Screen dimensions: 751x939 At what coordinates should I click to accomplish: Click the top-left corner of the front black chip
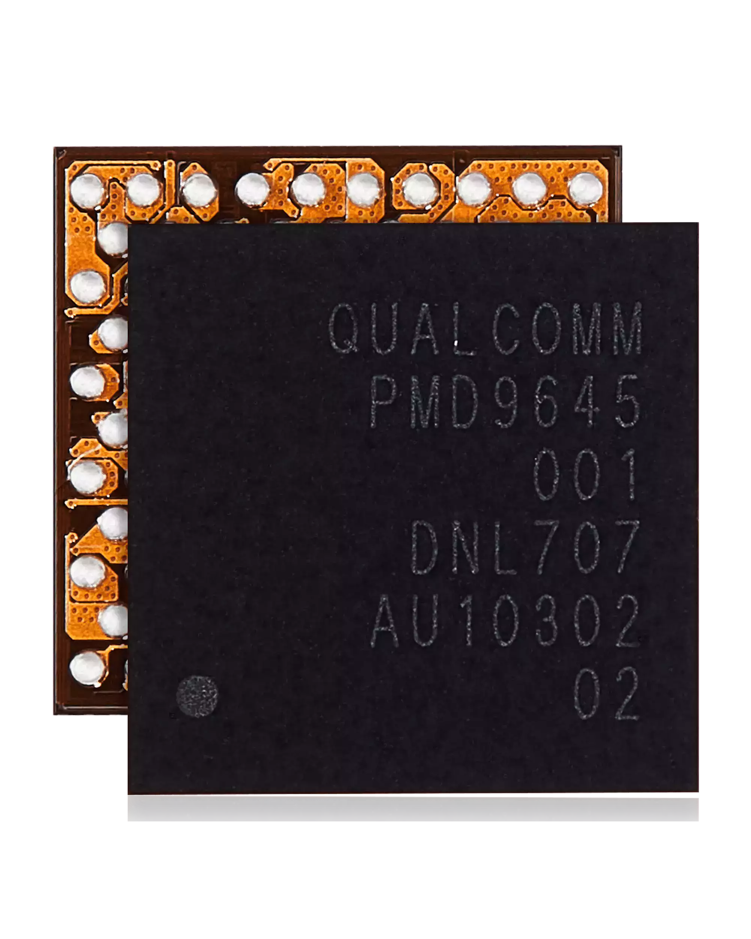point(128,224)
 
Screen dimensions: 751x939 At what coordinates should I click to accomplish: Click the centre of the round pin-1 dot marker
point(197,696)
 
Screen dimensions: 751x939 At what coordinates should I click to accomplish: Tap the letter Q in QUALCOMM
point(344,328)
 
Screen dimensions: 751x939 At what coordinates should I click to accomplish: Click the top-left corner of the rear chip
point(54,147)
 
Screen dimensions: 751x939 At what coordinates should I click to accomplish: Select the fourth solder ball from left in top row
point(252,189)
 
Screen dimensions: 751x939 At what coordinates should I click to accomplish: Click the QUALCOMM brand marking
point(486,328)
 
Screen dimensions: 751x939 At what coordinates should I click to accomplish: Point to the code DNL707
point(525,548)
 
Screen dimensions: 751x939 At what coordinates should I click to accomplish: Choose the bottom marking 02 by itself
point(606,693)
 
